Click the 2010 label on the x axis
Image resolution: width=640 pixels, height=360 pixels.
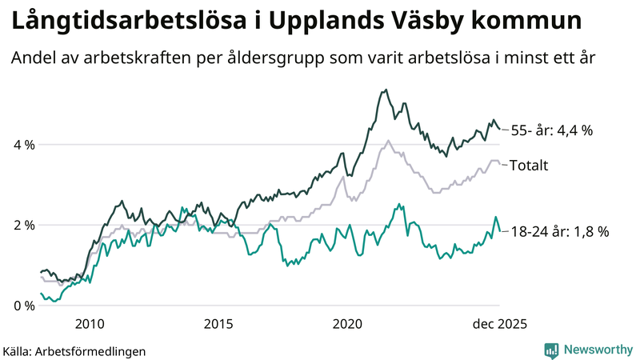[x=89, y=324]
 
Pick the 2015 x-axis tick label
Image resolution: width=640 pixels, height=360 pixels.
[x=218, y=324]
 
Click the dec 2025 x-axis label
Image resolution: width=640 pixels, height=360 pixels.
[x=498, y=324]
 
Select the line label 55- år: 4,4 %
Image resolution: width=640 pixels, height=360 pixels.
[x=551, y=130]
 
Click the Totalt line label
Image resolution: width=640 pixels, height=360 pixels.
[x=529, y=166]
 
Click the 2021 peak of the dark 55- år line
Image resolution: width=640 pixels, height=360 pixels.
[x=386, y=90]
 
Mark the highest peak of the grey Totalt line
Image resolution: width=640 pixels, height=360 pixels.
[x=388, y=141]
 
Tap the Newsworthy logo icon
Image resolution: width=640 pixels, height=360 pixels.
[x=551, y=350]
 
